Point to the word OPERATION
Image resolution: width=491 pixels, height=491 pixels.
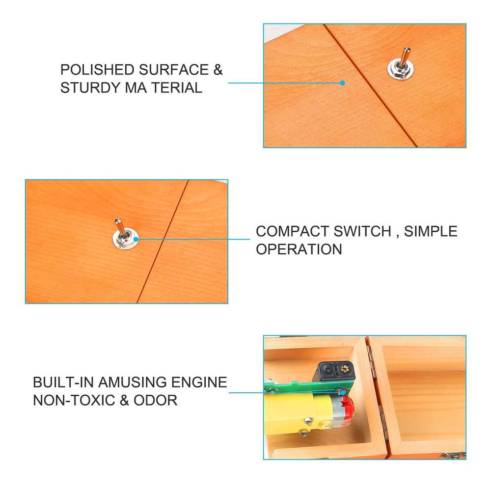299,249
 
